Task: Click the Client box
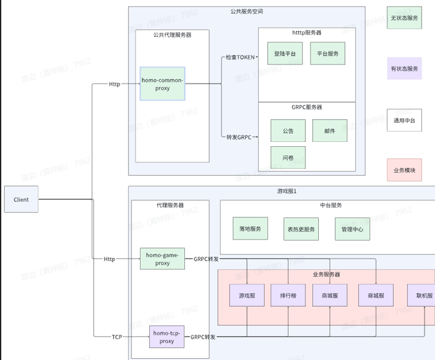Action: click(21, 200)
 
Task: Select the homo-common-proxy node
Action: click(162, 84)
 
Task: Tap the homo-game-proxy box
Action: click(162, 259)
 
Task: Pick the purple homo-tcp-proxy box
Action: click(167, 336)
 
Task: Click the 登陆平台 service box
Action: click(285, 53)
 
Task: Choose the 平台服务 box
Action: click(327, 53)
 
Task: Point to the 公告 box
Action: click(288, 131)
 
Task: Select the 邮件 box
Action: click(330, 131)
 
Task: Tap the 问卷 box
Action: click(288, 158)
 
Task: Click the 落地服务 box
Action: click(250, 229)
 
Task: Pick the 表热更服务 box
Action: click(301, 229)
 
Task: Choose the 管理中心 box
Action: click(352, 229)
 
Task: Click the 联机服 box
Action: click(423, 295)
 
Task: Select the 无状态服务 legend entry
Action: click(404, 18)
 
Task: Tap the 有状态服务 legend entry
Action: click(404, 69)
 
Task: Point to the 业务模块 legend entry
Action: click(404, 170)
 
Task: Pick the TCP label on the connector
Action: click(117, 337)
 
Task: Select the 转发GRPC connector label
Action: click(239, 137)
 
